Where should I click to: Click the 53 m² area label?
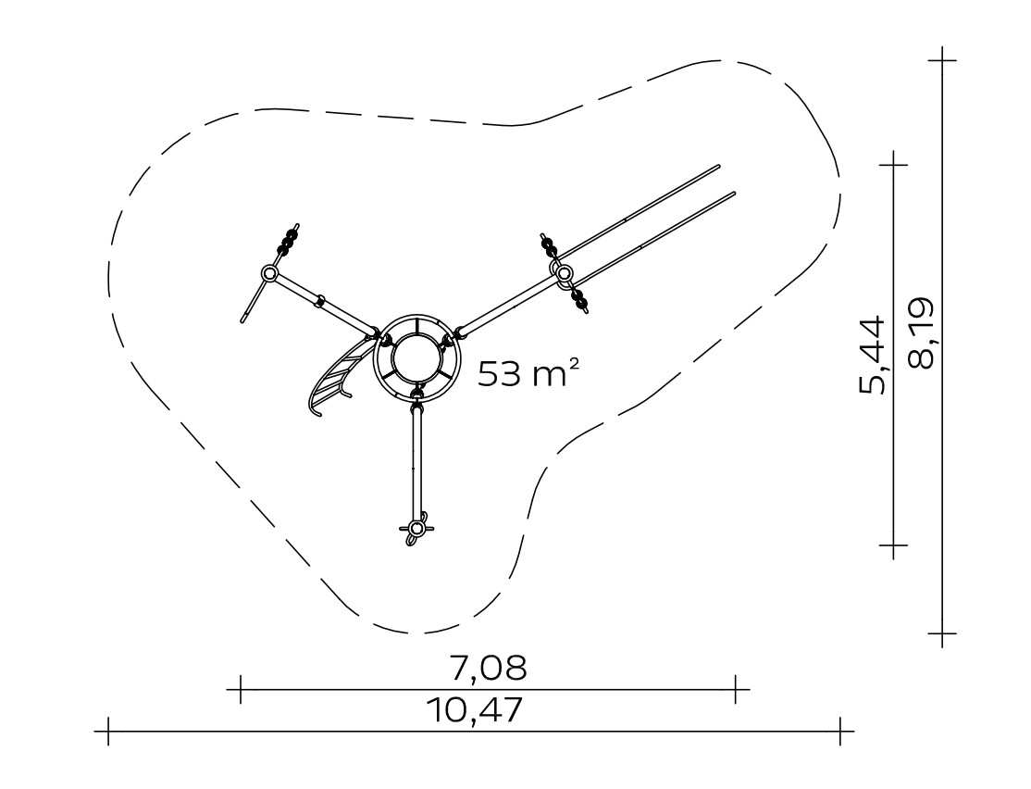click(528, 373)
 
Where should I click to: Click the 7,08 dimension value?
click(489, 668)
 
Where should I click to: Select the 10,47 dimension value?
click(475, 710)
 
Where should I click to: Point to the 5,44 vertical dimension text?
click(873, 356)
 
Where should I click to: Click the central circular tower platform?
click(415, 358)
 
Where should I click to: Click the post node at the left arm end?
click(269, 273)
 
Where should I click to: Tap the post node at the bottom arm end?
click(416, 528)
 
